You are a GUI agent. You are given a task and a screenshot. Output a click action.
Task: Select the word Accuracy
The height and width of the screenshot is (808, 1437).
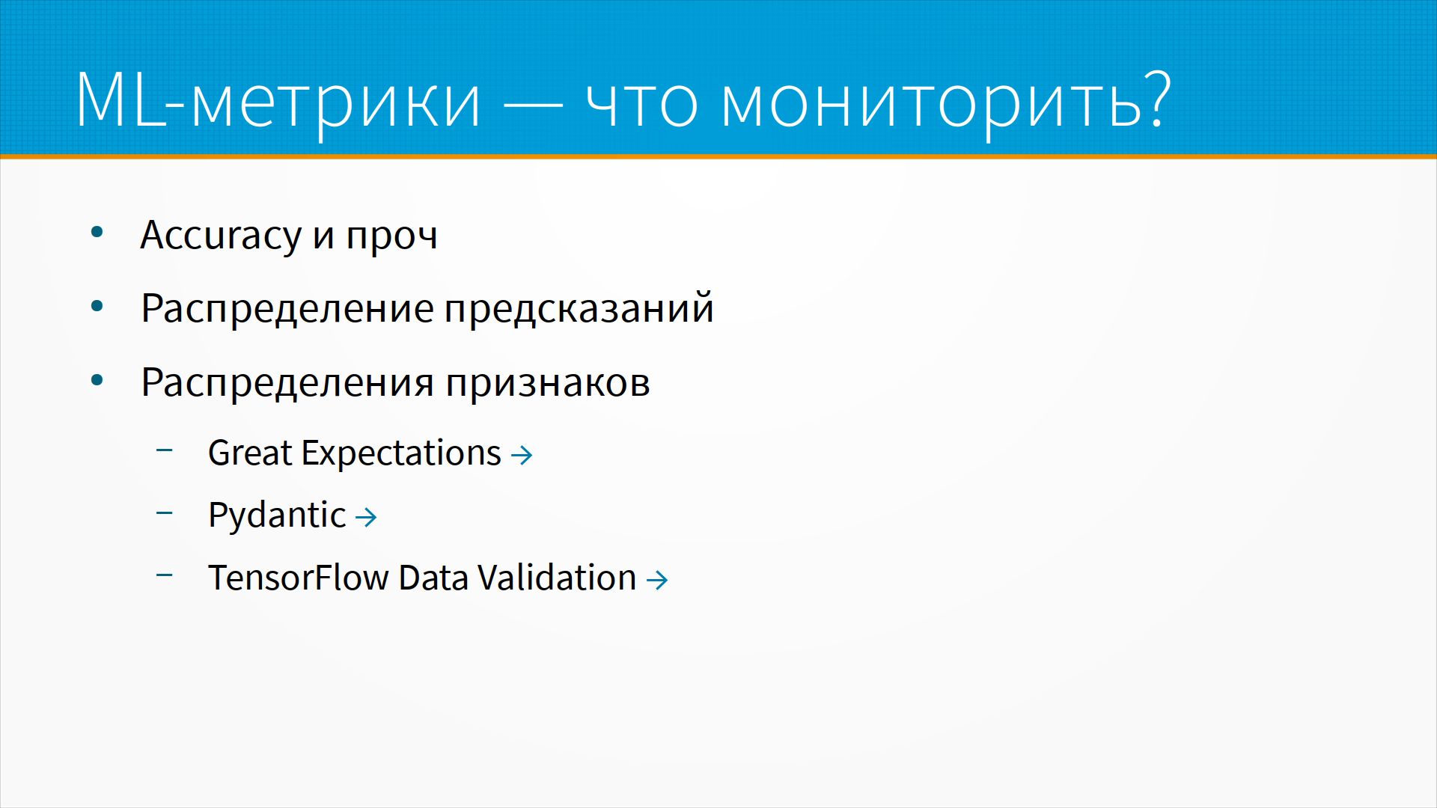(x=221, y=236)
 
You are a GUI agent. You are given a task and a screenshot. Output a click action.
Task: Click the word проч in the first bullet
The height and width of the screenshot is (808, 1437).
(x=391, y=238)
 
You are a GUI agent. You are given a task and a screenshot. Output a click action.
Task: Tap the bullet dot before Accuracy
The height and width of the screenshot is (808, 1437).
(x=97, y=233)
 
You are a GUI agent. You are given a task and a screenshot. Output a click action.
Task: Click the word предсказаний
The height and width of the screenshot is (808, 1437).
(x=579, y=308)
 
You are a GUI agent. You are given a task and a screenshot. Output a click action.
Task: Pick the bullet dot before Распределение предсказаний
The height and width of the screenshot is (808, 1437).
(x=97, y=306)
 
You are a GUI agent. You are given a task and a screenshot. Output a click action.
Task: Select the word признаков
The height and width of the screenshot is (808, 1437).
(x=548, y=384)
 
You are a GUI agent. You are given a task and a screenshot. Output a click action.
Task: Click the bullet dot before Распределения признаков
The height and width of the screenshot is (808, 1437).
(x=97, y=380)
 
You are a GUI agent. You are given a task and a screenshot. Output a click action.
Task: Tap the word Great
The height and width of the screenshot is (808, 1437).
(x=250, y=453)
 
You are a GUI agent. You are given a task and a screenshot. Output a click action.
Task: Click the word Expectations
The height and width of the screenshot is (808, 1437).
(x=401, y=455)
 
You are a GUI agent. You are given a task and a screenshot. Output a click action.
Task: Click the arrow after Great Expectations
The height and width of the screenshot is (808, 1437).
(x=522, y=455)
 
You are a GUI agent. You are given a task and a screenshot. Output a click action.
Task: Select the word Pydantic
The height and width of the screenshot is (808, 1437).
(x=277, y=516)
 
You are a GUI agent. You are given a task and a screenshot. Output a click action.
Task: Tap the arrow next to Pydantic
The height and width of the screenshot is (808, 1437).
(x=366, y=517)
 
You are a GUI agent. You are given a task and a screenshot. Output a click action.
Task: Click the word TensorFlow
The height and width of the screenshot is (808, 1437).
(x=299, y=578)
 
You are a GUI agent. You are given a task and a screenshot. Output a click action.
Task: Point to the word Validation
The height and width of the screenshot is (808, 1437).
(x=557, y=578)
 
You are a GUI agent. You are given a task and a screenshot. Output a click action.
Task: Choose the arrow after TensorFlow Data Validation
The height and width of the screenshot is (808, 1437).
(x=657, y=580)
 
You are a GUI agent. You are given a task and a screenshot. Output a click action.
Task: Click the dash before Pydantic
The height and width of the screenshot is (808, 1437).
(x=165, y=513)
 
